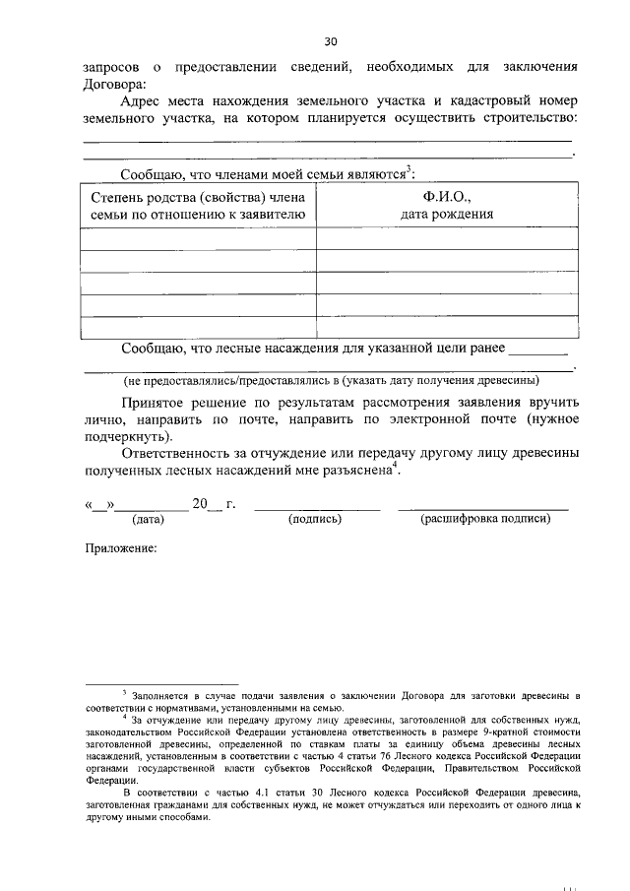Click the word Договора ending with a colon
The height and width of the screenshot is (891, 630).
(114, 85)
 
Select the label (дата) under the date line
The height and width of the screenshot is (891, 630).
(148, 518)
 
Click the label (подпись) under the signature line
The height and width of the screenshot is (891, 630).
(314, 518)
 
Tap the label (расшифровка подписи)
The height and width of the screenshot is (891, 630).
(483, 518)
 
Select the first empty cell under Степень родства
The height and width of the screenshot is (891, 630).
(199, 239)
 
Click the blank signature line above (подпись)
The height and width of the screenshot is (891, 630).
(316, 507)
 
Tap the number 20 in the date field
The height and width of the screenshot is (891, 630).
(200, 504)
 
